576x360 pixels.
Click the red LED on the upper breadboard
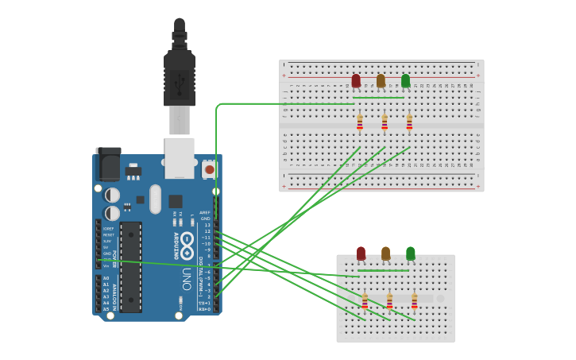click(x=356, y=80)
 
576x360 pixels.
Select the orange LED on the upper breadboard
click(x=381, y=80)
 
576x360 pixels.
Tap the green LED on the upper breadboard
click(x=405, y=80)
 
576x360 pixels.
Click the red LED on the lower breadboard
click(x=361, y=253)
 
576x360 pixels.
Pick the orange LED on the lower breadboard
click(x=385, y=253)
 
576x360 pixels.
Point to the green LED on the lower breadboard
click(x=410, y=253)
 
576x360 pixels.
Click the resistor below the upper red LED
click(x=360, y=122)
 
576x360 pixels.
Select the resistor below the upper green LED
click(x=409, y=122)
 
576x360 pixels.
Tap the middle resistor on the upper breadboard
click(x=385, y=122)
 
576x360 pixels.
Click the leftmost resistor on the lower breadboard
click(x=365, y=301)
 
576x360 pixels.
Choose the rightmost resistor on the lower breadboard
click(x=414, y=301)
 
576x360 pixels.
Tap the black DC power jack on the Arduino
click(x=108, y=165)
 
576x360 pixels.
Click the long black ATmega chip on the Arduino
click(x=131, y=266)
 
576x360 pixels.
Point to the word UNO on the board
click(x=187, y=278)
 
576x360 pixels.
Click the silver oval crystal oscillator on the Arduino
click(x=155, y=199)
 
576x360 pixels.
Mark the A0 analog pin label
click(x=106, y=278)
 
